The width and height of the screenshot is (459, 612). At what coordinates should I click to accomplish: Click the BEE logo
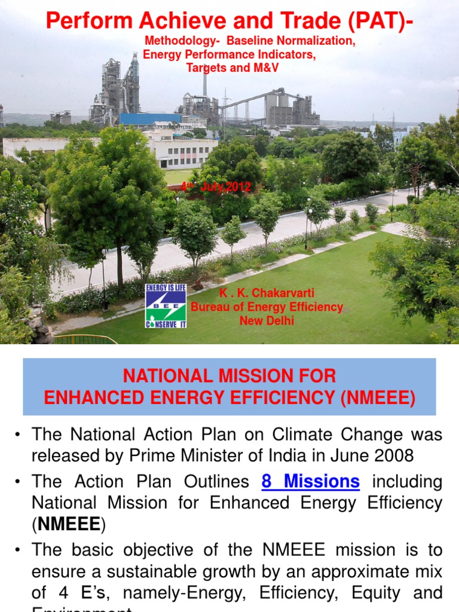166,306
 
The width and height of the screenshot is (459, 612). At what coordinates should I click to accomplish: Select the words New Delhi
267,321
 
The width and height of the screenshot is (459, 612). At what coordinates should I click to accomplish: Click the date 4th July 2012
216,187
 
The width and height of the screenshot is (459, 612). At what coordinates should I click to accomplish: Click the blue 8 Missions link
311,481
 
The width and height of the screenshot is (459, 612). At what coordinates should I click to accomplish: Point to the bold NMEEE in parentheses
68,524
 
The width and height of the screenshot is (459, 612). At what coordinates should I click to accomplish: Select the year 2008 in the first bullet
392,455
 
